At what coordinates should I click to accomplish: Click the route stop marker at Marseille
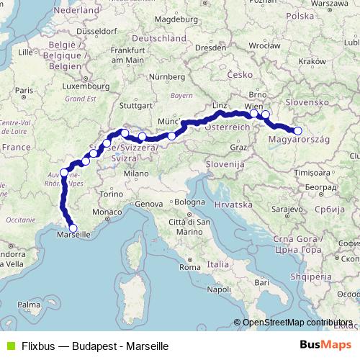[x=73, y=228]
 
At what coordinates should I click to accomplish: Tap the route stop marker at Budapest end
[x=298, y=130]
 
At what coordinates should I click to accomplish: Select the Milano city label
[x=135, y=174]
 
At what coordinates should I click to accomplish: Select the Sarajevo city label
[x=286, y=209]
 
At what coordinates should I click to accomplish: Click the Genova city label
[x=149, y=204]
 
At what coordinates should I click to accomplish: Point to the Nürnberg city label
[x=167, y=76]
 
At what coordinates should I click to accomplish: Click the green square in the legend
[x=9, y=346]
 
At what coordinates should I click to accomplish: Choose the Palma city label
[x=30, y=305]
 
